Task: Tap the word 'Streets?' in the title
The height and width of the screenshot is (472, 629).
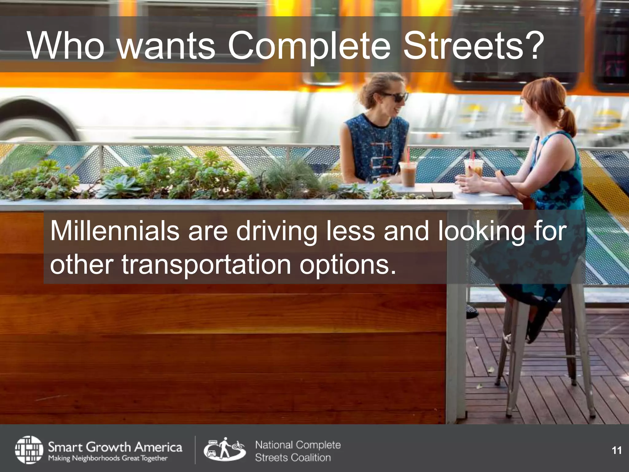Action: click(472, 46)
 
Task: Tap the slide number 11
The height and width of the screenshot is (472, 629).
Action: click(617, 450)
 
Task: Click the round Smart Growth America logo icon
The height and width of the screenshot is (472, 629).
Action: click(29, 449)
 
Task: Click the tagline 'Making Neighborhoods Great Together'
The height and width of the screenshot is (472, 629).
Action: click(108, 458)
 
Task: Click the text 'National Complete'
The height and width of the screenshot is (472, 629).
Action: click(298, 445)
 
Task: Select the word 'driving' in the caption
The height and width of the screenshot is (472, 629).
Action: click(277, 231)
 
